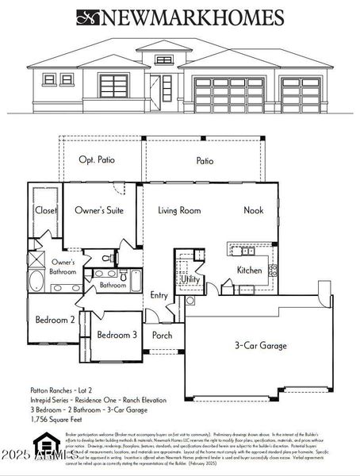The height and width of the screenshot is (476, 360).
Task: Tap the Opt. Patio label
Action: coord(97,160)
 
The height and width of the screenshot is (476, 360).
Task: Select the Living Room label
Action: coord(178,211)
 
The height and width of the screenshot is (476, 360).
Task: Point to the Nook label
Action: coord(253,211)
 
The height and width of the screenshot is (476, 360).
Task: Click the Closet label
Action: coord(45,211)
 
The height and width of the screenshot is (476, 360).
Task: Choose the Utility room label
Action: coord(190,279)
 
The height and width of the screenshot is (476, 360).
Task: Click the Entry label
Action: coord(159,295)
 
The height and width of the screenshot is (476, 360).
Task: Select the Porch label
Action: coord(163,335)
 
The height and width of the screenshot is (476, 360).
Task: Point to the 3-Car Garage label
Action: coord(260,346)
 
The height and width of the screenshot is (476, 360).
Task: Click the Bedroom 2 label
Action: coord(55,321)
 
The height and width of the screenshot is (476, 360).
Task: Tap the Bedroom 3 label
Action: coord(117,335)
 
